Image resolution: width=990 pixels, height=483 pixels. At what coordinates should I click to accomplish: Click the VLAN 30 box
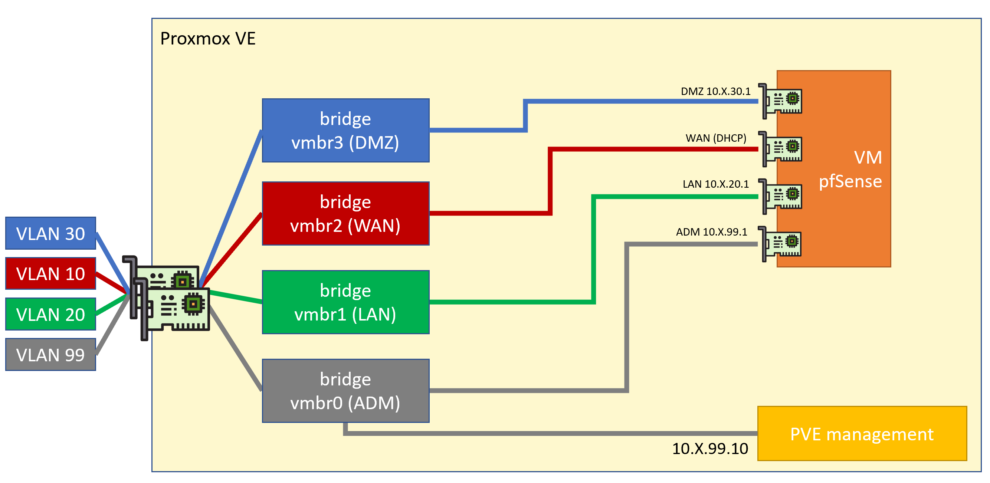51,233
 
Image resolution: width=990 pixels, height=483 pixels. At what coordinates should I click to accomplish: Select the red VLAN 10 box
51,273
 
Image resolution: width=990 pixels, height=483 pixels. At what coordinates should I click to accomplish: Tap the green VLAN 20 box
51,314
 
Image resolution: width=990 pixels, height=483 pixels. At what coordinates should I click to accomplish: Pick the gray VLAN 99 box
51,354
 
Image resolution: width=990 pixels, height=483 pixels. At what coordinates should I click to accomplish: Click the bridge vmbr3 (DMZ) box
345,131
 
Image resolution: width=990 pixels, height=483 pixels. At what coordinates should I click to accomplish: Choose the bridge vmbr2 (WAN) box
345,214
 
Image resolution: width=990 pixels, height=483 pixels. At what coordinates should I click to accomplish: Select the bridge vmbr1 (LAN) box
345,302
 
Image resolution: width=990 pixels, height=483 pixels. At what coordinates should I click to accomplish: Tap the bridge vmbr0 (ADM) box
345,391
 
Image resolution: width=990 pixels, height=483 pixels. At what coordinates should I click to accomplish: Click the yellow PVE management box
862,433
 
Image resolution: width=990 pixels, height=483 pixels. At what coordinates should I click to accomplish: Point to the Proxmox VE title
208,39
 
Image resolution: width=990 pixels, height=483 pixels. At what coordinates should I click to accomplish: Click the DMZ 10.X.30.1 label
715,92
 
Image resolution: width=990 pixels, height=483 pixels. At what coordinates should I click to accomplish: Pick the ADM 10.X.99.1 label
712,232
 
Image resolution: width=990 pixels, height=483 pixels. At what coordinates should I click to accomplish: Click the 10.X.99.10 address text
710,449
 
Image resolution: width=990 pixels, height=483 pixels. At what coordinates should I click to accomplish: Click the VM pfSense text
850,170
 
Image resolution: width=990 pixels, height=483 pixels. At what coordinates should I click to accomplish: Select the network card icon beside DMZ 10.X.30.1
780,101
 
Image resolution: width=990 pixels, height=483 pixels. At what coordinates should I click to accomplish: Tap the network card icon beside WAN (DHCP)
780,149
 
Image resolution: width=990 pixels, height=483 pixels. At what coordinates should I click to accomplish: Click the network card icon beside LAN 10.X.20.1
780,196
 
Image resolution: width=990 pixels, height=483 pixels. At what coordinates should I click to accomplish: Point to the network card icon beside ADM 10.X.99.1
780,244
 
